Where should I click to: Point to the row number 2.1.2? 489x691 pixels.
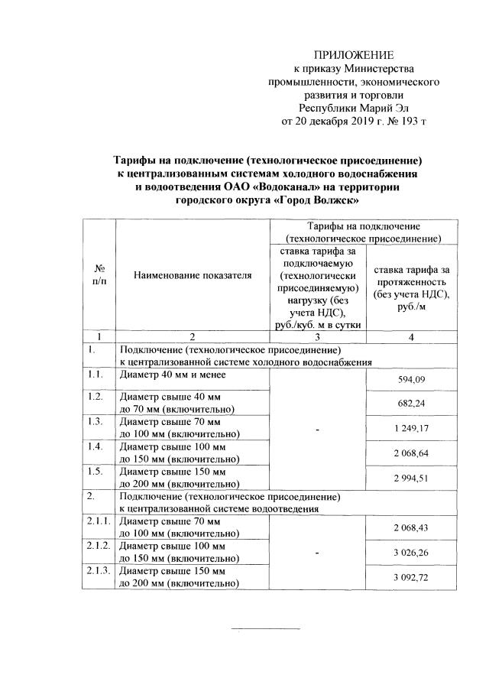[x=99, y=547]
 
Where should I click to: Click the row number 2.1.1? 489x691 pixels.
[x=99, y=521]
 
